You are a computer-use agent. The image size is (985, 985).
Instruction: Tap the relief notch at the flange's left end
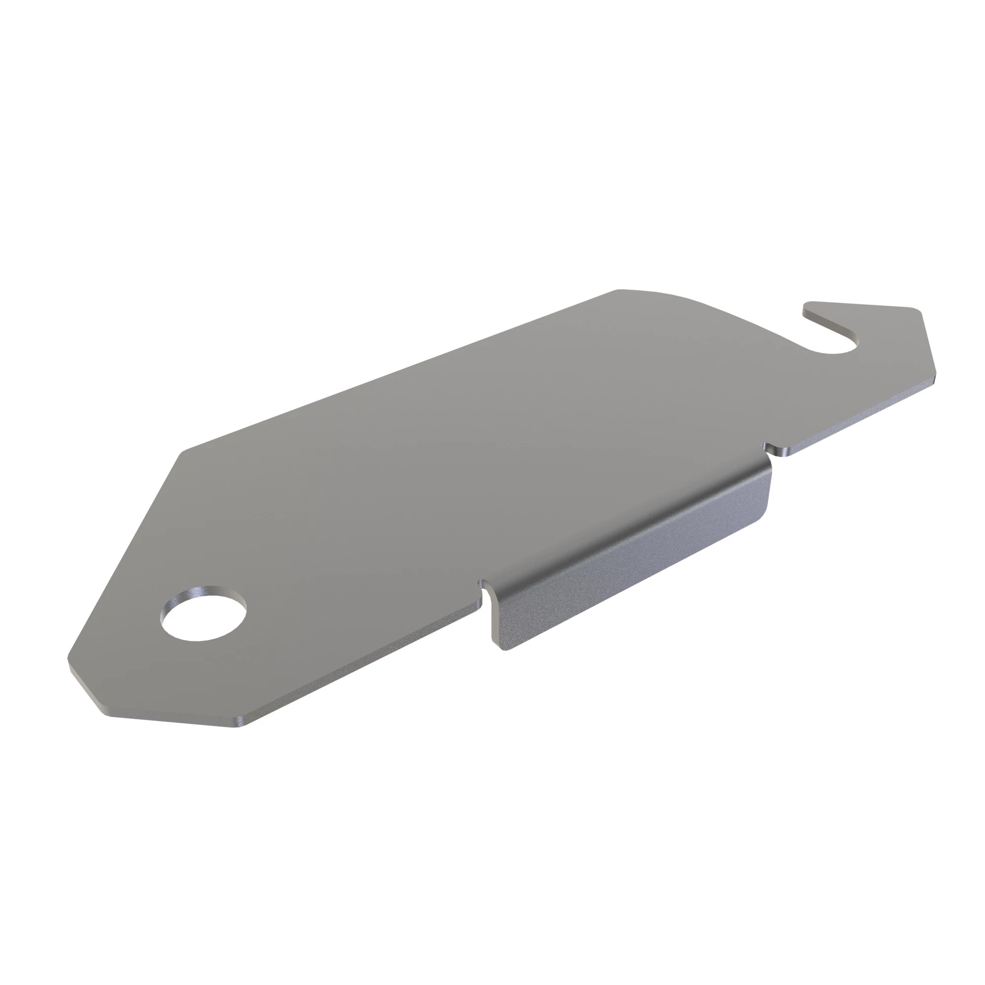(x=485, y=593)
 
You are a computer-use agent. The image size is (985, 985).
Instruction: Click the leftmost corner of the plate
(x=68, y=666)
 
